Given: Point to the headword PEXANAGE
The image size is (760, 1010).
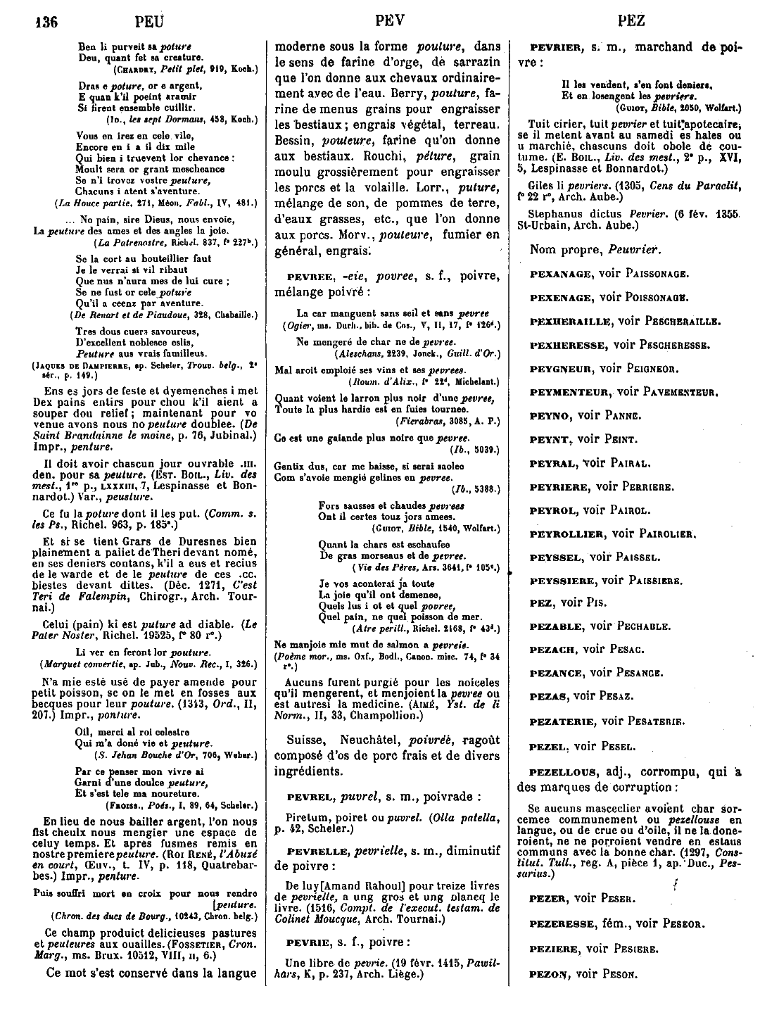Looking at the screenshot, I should click(560, 274).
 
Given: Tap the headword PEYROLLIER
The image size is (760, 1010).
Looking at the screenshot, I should click(566, 534).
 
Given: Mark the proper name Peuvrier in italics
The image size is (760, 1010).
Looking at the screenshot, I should click(618, 249).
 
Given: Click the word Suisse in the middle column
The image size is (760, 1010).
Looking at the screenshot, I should click(307, 740).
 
